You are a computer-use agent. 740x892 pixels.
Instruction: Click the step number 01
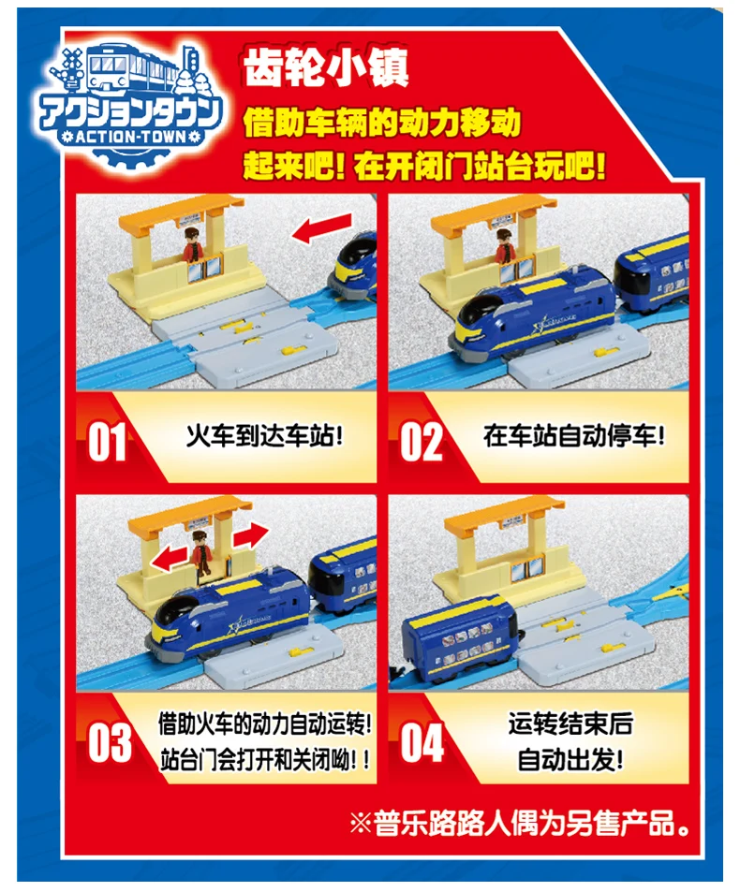tap(107, 442)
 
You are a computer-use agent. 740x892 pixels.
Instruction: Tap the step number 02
tap(422, 442)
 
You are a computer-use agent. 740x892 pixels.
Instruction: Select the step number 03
tap(110, 743)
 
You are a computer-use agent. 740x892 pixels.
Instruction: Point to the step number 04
tap(422, 743)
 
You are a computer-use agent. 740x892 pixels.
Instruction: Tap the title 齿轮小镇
tap(326, 67)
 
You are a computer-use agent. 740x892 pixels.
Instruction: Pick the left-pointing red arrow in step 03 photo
tap(170, 559)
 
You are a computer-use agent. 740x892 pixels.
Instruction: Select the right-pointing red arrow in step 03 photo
tap(250, 536)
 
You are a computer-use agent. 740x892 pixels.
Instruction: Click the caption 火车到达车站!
tap(265, 437)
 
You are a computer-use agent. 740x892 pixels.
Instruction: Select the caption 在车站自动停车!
tap(574, 437)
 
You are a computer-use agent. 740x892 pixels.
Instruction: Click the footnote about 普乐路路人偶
tap(519, 823)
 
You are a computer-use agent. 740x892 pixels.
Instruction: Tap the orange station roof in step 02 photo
tap(494, 212)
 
